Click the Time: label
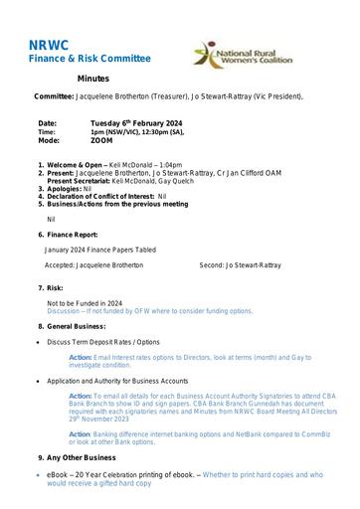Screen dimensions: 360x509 click(47, 131)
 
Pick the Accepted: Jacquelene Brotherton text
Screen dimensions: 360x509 click(90, 265)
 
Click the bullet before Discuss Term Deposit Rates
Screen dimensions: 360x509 click(38, 341)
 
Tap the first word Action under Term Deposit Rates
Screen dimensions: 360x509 click(81, 357)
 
